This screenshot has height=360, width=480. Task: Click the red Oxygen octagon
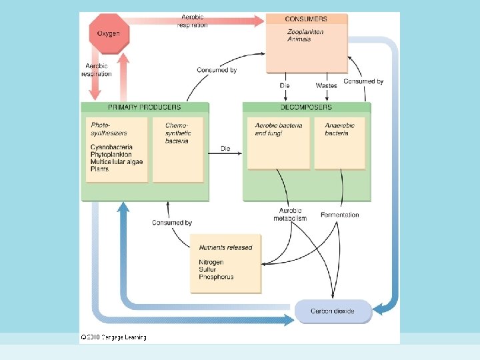tap(109, 34)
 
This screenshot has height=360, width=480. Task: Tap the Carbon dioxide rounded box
tap(333, 311)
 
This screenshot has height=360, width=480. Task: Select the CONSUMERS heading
tap(306, 19)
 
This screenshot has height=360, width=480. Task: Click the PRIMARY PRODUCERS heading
tap(144, 107)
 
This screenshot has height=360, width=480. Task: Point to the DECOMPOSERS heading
tap(307, 107)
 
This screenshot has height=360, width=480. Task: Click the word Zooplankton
tap(305, 31)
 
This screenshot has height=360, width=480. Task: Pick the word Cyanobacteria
tap(111, 147)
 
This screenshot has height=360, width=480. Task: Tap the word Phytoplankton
tap(111, 155)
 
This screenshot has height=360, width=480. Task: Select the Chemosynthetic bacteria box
tap(177, 150)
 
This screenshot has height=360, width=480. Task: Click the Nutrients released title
tap(225, 247)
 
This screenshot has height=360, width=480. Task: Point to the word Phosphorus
tap(217, 277)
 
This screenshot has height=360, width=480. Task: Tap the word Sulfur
tap(208, 269)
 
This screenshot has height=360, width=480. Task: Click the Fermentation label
tap(339, 215)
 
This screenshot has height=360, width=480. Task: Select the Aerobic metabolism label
tap(290, 215)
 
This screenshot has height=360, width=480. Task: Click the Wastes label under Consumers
tap(326, 85)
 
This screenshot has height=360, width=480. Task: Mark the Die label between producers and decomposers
tap(226, 149)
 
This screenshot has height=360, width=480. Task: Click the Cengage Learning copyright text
tap(114, 337)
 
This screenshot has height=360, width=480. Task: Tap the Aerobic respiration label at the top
tap(192, 21)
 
